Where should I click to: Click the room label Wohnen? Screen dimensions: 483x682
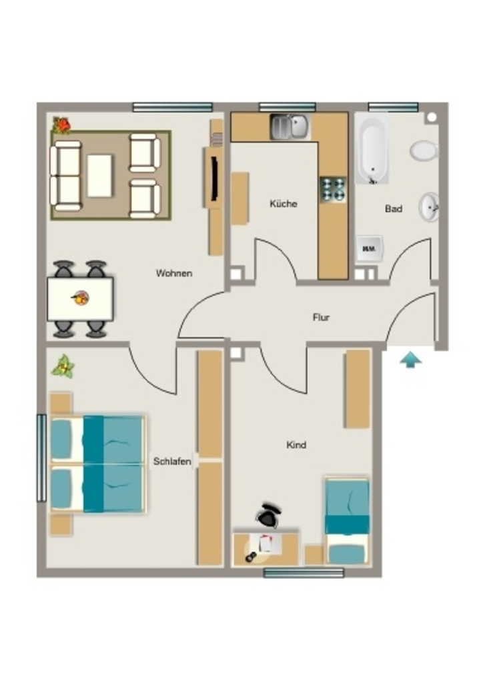point(173,273)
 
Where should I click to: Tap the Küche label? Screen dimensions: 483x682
point(283,204)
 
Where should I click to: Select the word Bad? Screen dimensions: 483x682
point(394,208)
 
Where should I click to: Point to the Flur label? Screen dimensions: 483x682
point(321,318)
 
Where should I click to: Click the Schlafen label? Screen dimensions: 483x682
point(172,461)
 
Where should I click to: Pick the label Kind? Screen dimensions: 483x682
point(296,445)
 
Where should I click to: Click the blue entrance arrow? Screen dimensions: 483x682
point(411,360)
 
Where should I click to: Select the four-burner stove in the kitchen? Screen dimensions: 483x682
point(333,189)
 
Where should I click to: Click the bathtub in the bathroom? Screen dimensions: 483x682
point(373,150)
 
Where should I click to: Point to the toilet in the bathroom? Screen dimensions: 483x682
point(424,151)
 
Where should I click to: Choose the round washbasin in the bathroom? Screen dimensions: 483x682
point(430,207)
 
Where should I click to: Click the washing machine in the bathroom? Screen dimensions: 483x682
point(370,249)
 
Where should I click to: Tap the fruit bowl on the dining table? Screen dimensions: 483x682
point(81,298)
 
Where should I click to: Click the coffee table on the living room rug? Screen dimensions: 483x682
point(99,176)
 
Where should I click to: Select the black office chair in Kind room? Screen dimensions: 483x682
point(269,515)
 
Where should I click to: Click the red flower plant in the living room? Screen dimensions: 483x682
point(61,125)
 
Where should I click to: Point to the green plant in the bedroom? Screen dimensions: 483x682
point(63,367)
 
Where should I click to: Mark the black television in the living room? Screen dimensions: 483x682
point(214,178)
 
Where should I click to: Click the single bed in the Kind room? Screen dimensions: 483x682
point(347,521)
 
